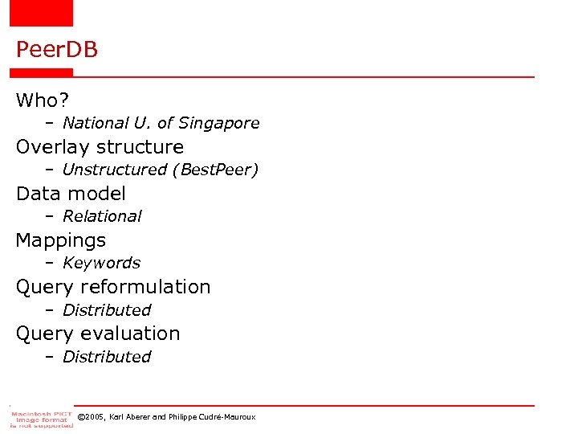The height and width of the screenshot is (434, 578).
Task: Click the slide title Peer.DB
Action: (56, 50)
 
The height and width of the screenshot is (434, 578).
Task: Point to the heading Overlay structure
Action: (100, 147)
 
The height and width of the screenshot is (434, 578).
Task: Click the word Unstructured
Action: (114, 170)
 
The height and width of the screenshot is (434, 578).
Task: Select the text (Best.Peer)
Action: (215, 170)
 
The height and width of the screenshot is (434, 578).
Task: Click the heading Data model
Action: (71, 194)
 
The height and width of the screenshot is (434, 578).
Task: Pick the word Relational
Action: (102, 216)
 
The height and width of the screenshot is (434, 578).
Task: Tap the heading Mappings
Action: (61, 240)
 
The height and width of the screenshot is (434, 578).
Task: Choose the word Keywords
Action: (101, 263)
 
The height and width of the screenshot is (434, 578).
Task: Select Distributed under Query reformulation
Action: (107, 310)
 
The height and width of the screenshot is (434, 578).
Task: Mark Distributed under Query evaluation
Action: (107, 357)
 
